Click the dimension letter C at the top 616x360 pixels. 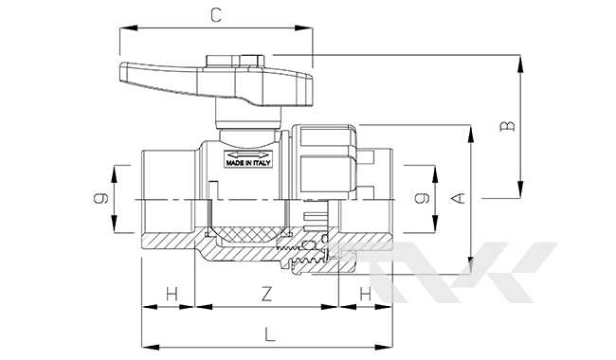click(216, 15)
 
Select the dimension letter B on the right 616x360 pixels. click(507, 126)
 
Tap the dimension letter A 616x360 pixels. click(458, 198)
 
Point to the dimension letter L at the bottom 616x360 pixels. click(269, 334)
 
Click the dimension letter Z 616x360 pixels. click(266, 294)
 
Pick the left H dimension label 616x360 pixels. click(172, 294)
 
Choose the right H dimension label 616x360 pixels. click(366, 294)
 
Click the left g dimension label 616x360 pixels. click(101, 198)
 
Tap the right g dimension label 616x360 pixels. click(422, 198)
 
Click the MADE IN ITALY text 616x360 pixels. click(248, 163)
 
